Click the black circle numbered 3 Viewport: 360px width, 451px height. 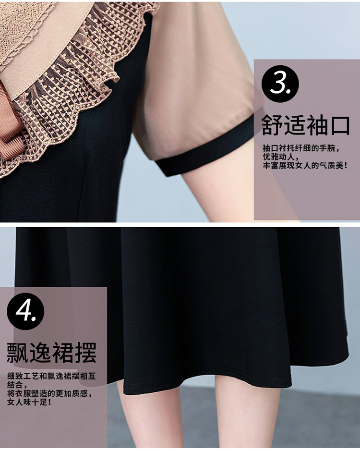[x=280, y=84]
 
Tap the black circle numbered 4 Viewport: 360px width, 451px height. [x=25, y=311]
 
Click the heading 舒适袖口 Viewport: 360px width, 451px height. [x=306, y=125]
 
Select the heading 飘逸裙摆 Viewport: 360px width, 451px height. [x=51, y=353]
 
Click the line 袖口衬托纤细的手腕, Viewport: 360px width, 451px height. [x=301, y=148]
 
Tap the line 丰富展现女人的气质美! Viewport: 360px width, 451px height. [x=305, y=165]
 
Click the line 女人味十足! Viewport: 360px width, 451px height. [x=29, y=402]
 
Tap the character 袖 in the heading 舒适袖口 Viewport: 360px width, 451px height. [x=317, y=125]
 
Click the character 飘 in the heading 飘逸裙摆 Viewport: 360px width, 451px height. [x=18, y=353]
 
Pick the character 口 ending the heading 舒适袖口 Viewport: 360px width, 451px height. [x=340, y=126]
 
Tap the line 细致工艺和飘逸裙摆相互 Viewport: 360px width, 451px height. [x=51, y=376]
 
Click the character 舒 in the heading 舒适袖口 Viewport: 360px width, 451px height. [x=272, y=125]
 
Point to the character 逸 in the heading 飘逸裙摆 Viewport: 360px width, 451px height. [x=40, y=353]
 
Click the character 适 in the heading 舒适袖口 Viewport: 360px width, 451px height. [x=294, y=125]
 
